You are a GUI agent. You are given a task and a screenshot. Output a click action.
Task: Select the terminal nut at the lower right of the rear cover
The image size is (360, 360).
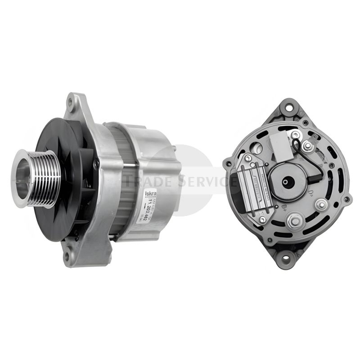(x=321, y=205)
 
